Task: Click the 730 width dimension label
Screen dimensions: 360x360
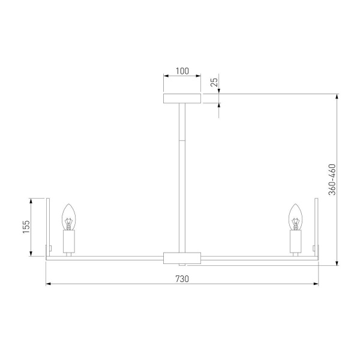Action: [182, 278]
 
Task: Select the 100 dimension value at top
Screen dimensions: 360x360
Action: [182, 71]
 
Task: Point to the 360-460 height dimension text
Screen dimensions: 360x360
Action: [332, 179]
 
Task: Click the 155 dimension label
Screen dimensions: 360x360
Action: [26, 227]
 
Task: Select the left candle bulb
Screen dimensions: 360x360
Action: [68, 217]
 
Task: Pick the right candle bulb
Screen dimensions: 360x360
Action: [295, 217]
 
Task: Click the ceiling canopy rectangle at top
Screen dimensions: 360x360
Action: [182, 98]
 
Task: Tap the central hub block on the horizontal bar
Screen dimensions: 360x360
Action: [182, 258]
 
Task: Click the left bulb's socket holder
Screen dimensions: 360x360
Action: [68, 241]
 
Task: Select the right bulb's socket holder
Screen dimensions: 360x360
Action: [295, 241]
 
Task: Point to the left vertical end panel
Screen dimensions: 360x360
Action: [49, 228]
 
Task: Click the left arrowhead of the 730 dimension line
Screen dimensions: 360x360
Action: [49, 284]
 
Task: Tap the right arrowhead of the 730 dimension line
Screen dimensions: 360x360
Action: [315, 284]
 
